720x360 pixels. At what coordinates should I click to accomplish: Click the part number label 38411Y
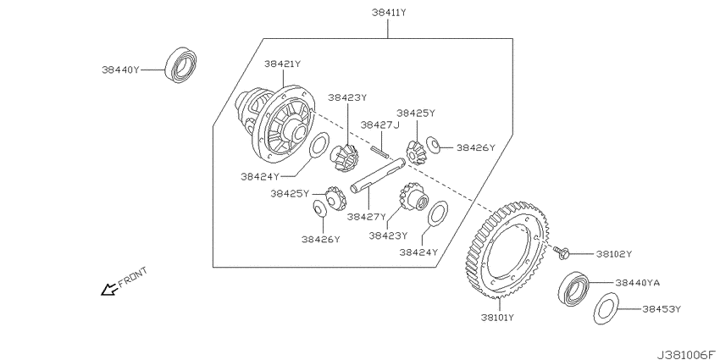pyautogui.click(x=389, y=13)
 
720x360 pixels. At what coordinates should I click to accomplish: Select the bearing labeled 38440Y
pyautogui.click(x=181, y=64)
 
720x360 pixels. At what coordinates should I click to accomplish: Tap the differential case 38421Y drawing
pyautogui.click(x=275, y=125)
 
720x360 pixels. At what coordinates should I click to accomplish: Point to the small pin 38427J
pyautogui.click(x=381, y=151)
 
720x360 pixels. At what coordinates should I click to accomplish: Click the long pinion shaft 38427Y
pyautogui.click(x=378, y=175)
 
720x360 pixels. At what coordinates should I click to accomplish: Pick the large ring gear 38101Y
pyautogui.click(x=505, y=250)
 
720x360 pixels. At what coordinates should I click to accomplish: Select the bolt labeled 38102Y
pyautogui.click(x=562, y=252)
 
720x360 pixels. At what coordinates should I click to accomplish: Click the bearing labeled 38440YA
pyautogui.click(x=573, y=288)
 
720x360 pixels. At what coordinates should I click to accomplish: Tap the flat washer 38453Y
pyautogui.click(x=606, y=307)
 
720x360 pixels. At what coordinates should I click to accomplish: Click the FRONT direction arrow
pyautogui.click(x=108, y=290)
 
